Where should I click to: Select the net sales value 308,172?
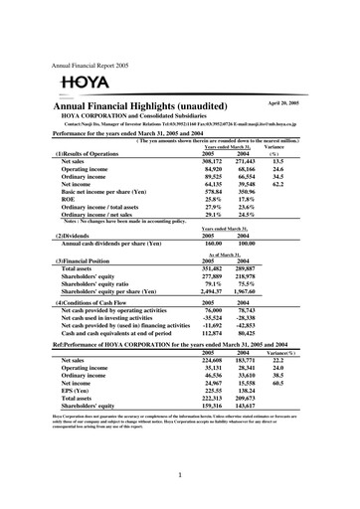(x=214, y=160)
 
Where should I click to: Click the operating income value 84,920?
(x=214, y=168)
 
